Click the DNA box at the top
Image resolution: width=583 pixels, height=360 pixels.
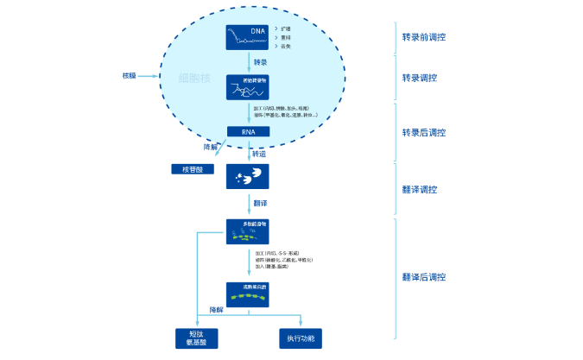(248, 37)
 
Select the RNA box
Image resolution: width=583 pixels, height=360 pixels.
(248, 132)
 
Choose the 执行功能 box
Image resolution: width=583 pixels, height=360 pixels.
(301, 338)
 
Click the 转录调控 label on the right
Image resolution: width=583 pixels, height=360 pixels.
(420, 78)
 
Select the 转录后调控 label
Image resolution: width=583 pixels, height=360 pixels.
(424, 132)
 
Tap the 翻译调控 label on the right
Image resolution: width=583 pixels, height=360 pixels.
(420, 190)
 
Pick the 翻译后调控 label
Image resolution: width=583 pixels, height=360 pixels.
(424, 277)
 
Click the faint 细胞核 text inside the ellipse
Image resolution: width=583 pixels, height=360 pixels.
(193, 77)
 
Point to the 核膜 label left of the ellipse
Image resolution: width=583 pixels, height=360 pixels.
(130, 76)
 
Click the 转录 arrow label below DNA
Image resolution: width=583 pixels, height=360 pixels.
(261, 62)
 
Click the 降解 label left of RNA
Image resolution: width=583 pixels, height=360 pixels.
(211, 147)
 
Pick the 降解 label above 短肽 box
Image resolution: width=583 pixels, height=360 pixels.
(217, 309)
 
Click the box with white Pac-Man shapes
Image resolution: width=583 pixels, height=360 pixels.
(248, 176)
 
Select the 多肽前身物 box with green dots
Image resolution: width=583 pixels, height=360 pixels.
(248, 231)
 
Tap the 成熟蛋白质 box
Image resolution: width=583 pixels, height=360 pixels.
(248, 294)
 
